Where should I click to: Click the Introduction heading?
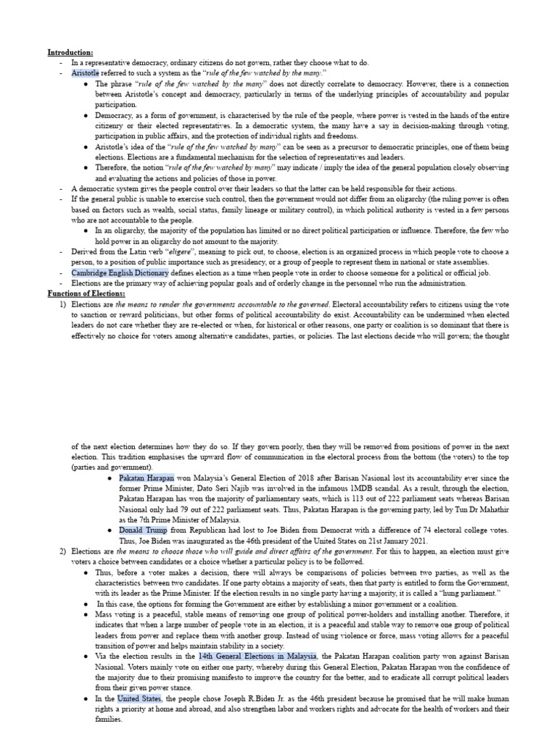tap(70, 53)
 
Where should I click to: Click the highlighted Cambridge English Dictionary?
tap(120, 273)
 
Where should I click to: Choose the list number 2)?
tap(62, 551)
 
